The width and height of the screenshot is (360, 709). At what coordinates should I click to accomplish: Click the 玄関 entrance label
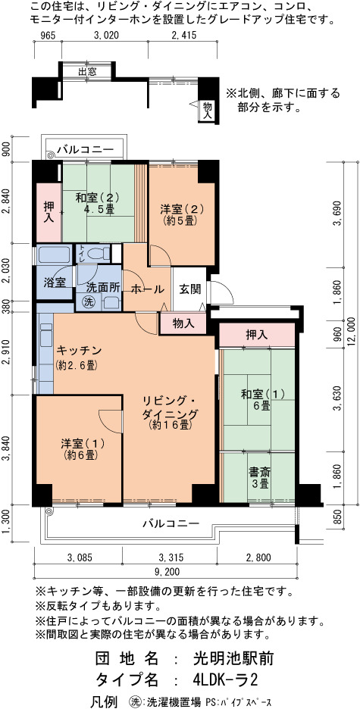point(189,289)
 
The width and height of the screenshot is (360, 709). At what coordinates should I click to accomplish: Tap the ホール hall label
point(147,289)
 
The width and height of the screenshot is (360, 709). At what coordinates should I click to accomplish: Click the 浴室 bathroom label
point(55,282)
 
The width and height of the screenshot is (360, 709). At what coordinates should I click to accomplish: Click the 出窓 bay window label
point(86,72)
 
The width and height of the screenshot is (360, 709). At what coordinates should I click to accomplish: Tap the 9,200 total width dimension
point(166,572)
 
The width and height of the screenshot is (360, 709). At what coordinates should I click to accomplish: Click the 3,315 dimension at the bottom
point(169,558)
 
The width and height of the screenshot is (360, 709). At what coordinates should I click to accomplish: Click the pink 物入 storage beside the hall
point(183,323)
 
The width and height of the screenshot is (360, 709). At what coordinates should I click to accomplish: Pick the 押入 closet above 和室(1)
point(257,335)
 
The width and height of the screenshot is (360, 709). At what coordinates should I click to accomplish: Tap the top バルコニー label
point(85,150)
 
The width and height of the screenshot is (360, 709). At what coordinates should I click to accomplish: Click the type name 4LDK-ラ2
point(226,679)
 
